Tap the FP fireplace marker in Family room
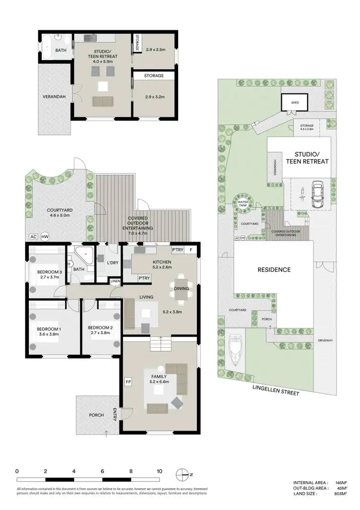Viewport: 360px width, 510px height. [128, 382]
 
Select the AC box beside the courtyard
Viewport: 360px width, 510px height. [33, 237]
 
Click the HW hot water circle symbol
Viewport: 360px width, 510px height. [45, 237]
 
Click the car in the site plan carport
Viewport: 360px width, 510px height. [318, 194]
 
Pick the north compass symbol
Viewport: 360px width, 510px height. [182, 474]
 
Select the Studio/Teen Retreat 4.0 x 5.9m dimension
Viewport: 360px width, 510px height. [104, 61]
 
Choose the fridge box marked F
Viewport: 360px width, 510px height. [190, 250]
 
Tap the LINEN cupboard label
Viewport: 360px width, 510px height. [115, 281]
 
